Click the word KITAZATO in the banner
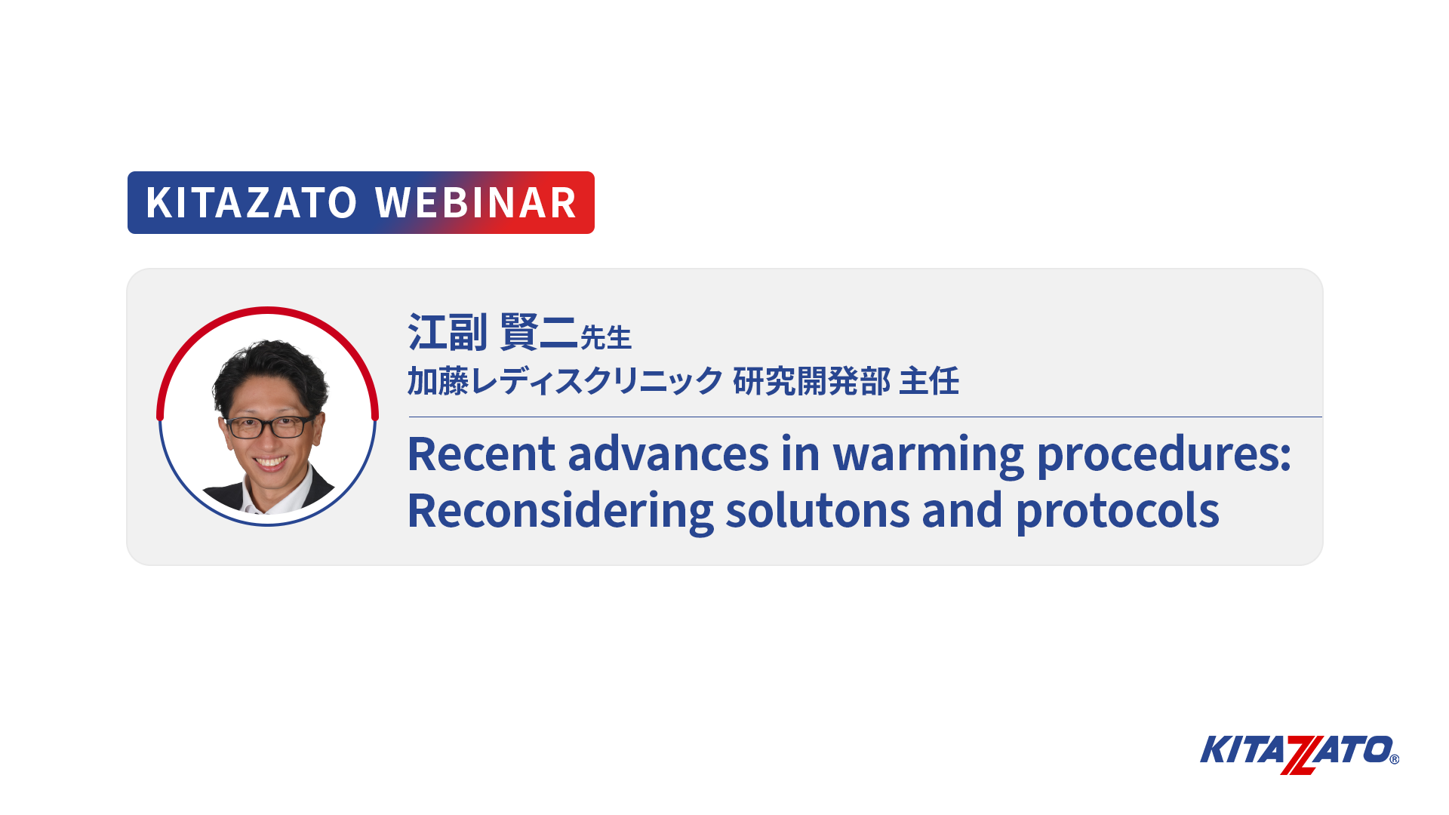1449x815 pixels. point(251,203)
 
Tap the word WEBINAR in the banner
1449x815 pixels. point(476,203)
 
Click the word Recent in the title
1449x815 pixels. point(481,454)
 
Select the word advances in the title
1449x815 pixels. point(668,454)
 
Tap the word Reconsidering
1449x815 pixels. point(560,512)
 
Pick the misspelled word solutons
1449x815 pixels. point(817,511)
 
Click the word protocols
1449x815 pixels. point(1118,512)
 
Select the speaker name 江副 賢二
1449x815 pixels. point(493,332)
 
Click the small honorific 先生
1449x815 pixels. point(605,338)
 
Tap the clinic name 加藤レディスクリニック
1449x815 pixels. point(565,381)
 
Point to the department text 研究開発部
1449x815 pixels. point(812,381)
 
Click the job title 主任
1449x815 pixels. point(930,381)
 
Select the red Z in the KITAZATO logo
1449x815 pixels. point(1299,755)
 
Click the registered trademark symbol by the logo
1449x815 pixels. point(1394,759)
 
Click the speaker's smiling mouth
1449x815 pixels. point(270,462)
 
